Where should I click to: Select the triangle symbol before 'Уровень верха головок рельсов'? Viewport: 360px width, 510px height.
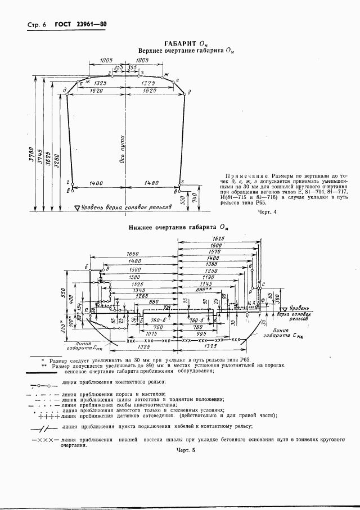[x=78, y=207]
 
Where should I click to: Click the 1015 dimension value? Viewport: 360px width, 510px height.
[x=151, y=333]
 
